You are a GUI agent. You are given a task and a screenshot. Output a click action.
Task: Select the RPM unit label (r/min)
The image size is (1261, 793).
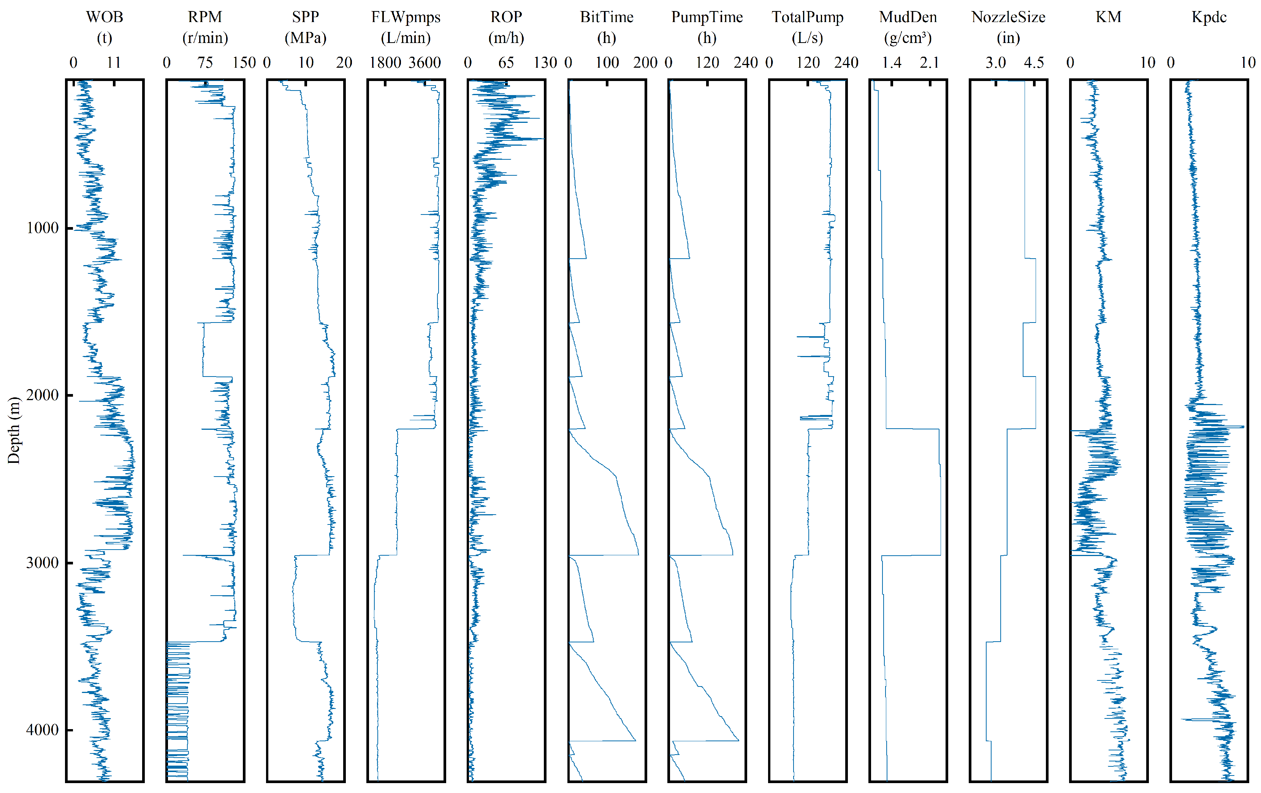click(205, 38)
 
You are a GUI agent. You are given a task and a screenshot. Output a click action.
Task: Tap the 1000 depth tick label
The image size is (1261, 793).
click(42, 227)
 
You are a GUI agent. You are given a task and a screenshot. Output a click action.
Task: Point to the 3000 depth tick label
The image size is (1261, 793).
click(42, 563)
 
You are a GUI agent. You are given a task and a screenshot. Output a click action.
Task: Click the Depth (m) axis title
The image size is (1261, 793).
click(14, 430)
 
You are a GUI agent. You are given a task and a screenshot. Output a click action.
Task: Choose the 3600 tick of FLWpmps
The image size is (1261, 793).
click(425, 62)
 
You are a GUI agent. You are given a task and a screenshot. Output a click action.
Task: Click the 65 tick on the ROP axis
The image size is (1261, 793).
click(506, 62)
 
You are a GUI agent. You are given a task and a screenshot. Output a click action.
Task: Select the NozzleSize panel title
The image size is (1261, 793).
click(1008, 17)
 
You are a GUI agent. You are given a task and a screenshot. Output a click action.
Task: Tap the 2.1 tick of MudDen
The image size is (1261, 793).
click(930, 62)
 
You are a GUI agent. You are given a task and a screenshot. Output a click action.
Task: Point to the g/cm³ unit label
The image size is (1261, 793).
click(908, 38)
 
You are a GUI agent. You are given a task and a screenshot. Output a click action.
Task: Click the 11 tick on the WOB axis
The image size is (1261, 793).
click(114, 62)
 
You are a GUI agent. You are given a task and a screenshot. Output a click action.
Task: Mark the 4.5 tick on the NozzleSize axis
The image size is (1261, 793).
click(1034, 62)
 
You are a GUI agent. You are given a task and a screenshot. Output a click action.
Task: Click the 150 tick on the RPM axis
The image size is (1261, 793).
click(244, 62)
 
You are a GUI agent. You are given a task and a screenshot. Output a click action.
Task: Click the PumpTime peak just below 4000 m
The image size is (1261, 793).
click(738, 740)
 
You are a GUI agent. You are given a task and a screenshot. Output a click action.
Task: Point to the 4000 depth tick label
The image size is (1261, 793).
click(42, 729)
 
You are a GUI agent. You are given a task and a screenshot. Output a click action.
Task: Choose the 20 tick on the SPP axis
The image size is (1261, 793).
click(344, 62)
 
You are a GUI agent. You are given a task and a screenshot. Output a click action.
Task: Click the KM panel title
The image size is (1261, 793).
click(1108, 17)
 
